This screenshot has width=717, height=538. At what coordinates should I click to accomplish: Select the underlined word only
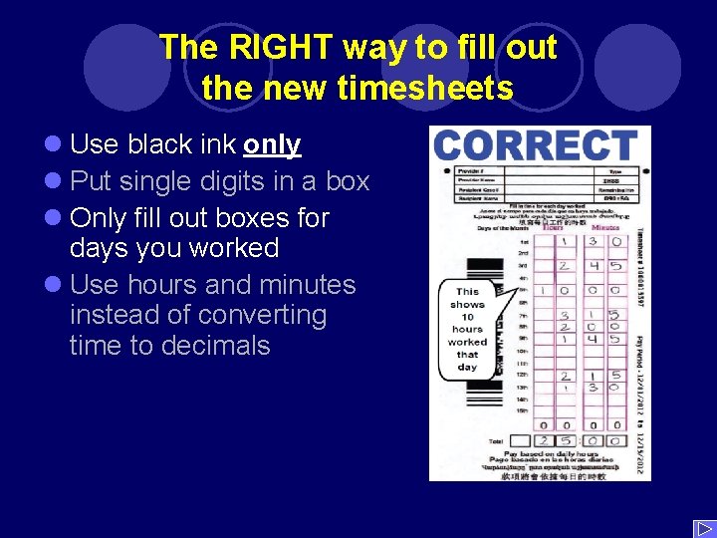(272, 145)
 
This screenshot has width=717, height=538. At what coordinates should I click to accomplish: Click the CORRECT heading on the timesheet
(536, 145)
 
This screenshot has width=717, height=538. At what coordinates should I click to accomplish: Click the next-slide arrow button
(702, 527)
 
